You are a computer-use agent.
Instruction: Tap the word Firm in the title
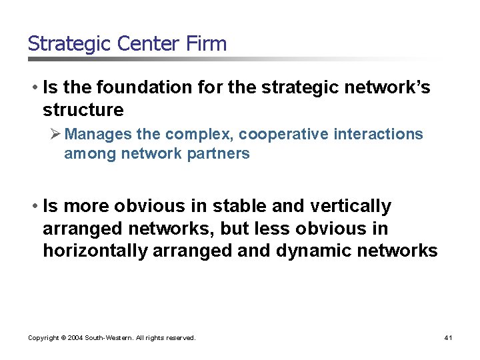pos(207,44)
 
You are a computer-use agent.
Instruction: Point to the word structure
pos(83,109)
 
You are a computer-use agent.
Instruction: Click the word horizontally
pos(95,251)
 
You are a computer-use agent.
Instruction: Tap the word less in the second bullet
pos(267,229)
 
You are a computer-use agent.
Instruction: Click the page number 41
pos(448,338)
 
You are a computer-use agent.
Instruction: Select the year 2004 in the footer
pos(73,338)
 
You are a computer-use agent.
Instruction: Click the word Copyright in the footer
pos(42,338)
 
